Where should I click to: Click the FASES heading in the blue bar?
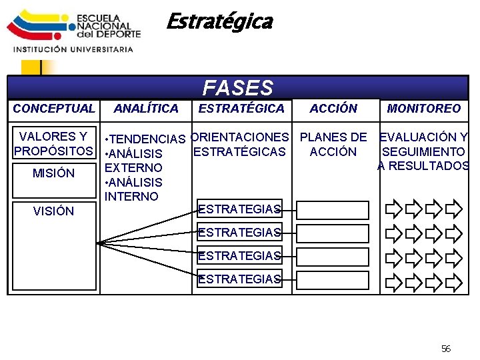[238, 88]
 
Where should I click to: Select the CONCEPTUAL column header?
[54, 109]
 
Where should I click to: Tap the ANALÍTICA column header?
[146, 109]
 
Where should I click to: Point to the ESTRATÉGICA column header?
[241, 109]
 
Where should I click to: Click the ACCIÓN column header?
[333, 109]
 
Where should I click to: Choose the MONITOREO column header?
[424, 109]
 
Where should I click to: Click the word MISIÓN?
[54, 173]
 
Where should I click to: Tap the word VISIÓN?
[54, 211]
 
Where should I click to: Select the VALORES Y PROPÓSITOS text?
[54, 144]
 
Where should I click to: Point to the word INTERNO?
[131, 197]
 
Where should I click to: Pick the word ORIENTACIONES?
[240, 137]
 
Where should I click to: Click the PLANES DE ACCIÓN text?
[333, 144]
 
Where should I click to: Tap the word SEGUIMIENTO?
[424, 152]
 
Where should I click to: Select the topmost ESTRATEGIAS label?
[239, 209]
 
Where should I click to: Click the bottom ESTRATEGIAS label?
[239, 279]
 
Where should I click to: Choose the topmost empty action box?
[333, 210]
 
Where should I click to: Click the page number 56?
[446, 349]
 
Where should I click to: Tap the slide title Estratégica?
[219, 22]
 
